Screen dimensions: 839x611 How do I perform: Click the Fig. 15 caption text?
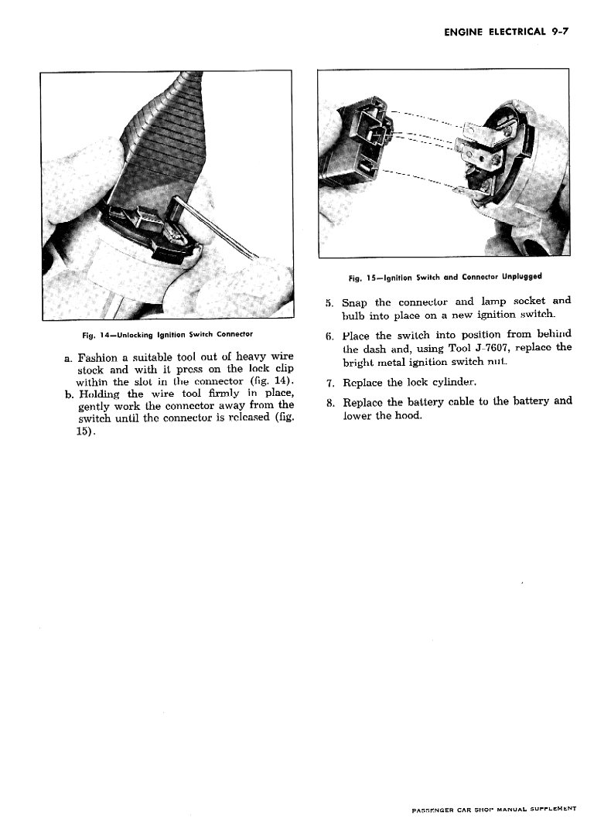click(x=445, y=276)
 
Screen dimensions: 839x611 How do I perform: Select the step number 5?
click(x=329, y=302)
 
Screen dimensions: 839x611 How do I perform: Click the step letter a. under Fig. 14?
click(x=70, y=359)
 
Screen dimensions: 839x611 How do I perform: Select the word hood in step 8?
click(x=409, y=415)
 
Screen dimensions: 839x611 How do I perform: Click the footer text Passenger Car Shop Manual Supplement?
click(x=494, y=810)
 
